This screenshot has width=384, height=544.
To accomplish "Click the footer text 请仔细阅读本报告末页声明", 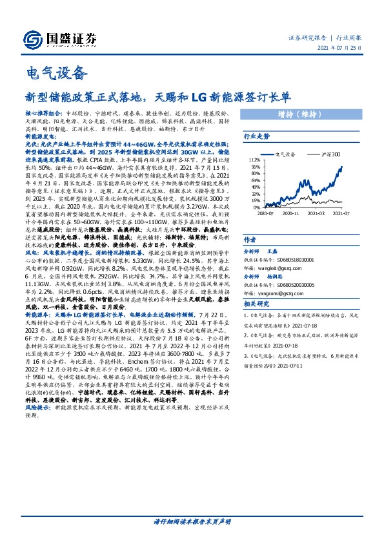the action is point(192,521).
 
